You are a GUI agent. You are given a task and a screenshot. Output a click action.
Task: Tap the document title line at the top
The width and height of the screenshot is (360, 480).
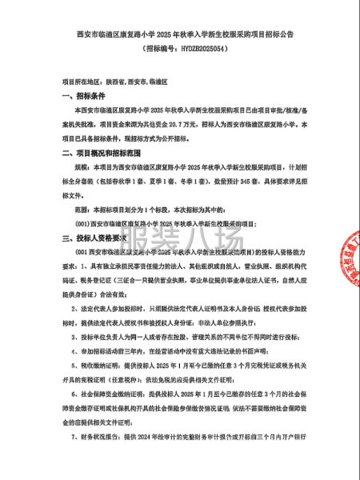[x=179, y=34]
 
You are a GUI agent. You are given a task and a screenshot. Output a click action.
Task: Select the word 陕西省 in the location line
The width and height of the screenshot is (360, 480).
[x=119, y=82]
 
